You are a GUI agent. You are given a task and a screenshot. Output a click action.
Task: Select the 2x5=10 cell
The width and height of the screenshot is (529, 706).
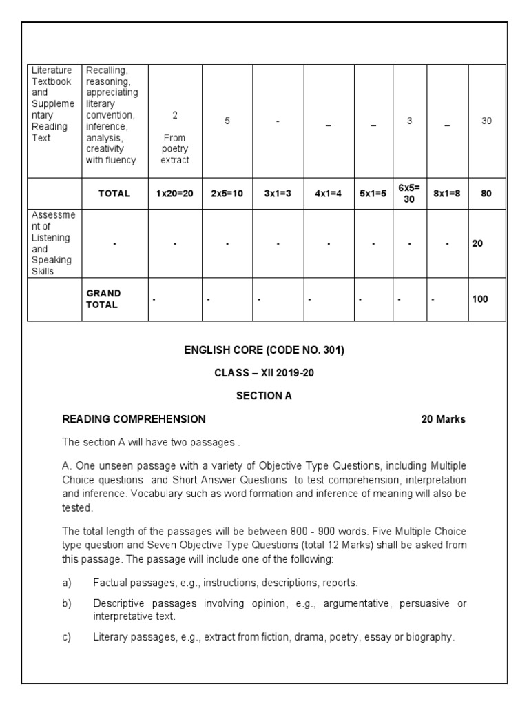click(x=227, y=194)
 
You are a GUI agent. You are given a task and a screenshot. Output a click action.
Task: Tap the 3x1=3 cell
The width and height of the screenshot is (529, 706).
click(x=278, y=194)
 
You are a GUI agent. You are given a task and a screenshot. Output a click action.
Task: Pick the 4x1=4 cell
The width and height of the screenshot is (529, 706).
click(x=329, y=194)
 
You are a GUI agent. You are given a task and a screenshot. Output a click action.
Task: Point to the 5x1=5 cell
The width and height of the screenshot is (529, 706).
click(x=373, y=194)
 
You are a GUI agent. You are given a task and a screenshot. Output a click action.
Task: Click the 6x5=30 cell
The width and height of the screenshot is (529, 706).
click(x=409, y=194)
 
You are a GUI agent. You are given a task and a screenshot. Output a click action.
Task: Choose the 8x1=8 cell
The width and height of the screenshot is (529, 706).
click(x=447, y=194)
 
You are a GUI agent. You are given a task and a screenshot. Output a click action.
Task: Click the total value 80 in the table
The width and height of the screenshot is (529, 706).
click(x=486, y=194)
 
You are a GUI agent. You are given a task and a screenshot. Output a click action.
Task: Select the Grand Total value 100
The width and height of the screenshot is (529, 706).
click(x=479, y=299)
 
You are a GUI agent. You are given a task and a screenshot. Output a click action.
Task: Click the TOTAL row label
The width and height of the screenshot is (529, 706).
click(x=114, y=194)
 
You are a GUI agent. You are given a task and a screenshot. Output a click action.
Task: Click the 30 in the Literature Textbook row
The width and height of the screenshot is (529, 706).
click(x=486, y=121)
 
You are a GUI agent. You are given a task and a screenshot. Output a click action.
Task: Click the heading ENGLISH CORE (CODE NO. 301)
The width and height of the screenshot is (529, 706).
click(x=264, y=350)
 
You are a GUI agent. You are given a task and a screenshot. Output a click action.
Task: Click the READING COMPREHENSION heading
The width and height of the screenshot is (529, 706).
click(x=134, y=418)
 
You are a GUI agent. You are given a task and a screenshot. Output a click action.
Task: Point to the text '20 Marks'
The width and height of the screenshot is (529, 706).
click(x=443, y=418)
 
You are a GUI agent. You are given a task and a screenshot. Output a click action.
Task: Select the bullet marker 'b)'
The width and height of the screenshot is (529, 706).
click(x=67, y=603)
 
